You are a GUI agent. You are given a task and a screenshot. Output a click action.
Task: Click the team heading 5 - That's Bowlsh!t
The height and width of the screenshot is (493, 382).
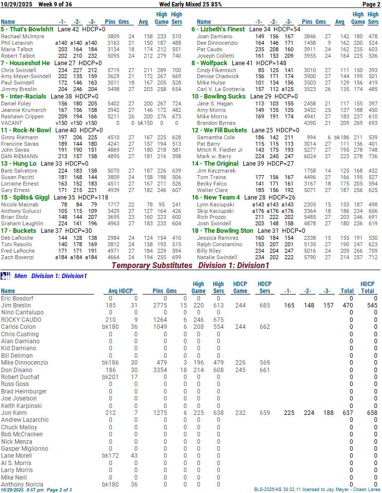(27, 29)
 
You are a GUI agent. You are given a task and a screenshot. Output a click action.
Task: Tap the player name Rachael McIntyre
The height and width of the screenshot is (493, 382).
(22, 36)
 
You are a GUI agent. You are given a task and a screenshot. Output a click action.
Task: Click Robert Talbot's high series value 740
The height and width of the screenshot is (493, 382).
(176, 56)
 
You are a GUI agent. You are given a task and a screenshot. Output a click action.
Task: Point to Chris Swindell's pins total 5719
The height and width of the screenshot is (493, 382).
(113, 70)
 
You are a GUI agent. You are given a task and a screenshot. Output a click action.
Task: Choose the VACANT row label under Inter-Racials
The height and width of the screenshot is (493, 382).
(11, 123)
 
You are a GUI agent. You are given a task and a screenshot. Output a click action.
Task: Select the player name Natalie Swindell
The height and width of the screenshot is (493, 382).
(217, 257)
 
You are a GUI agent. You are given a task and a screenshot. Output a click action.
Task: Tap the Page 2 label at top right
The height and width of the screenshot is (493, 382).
(371, 4)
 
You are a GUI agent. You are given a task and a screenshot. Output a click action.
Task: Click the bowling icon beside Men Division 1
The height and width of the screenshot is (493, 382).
(5, 276)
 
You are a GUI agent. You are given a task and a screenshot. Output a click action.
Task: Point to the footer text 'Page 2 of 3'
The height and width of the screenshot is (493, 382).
(59, 490)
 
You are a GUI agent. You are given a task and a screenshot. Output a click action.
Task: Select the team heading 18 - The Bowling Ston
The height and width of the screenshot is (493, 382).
(222, 231)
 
